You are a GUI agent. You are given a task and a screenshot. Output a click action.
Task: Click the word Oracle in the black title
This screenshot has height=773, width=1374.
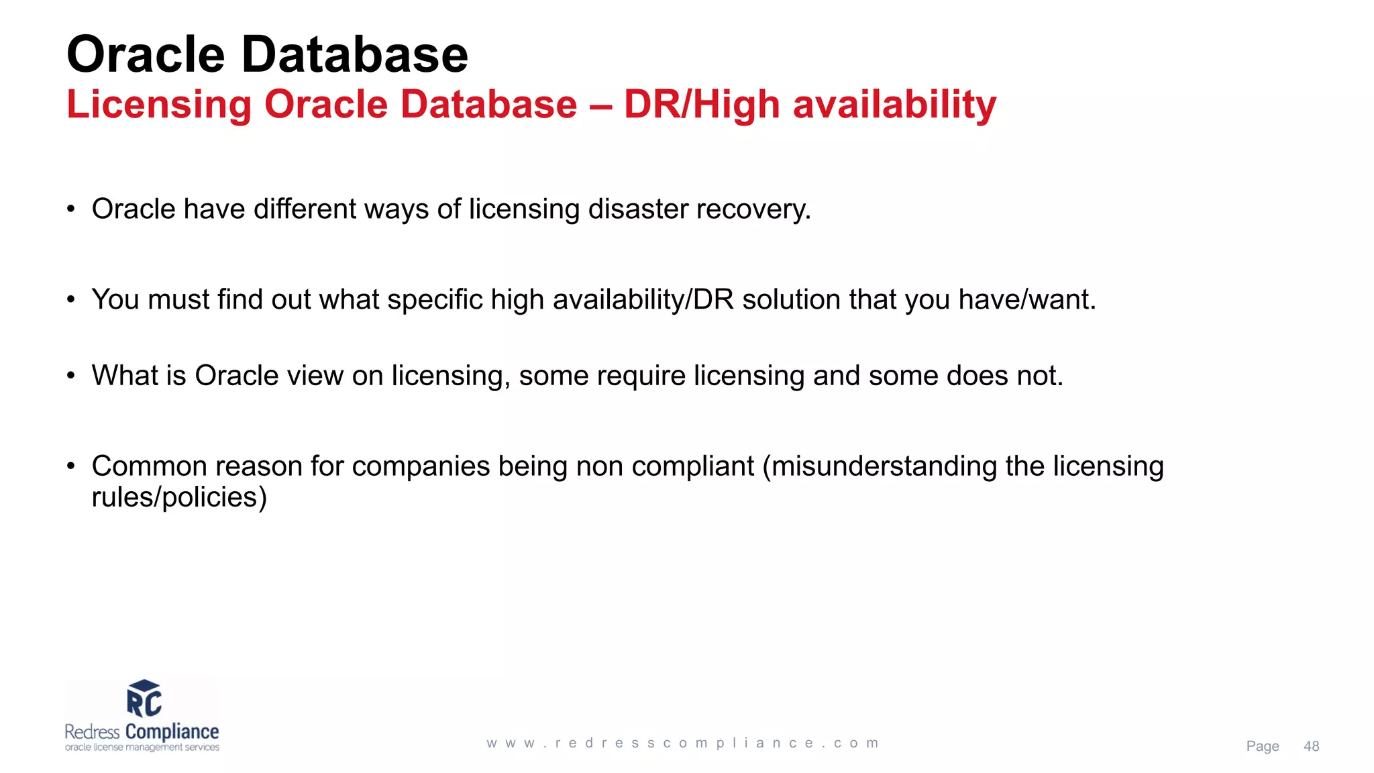[146, 55]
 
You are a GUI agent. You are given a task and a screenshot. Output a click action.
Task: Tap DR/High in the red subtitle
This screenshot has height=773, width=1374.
[702, 105]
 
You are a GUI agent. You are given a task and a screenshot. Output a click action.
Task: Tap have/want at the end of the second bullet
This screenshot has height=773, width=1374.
[1026, 300]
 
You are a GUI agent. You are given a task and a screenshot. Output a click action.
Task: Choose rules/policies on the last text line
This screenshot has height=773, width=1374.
[179, 498]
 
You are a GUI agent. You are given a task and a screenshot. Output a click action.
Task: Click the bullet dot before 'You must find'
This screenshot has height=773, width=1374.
[71, 300]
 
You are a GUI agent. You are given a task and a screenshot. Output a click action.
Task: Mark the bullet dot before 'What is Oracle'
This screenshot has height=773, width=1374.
[71, 376]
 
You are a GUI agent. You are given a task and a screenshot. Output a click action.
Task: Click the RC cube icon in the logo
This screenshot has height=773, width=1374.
[144, 699]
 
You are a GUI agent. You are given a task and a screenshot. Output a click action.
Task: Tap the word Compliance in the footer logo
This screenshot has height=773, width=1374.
[172, 731]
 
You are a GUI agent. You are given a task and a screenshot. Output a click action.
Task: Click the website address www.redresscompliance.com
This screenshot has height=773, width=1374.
[682, 743]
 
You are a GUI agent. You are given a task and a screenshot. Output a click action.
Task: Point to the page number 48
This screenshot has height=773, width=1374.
[1311, 746]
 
